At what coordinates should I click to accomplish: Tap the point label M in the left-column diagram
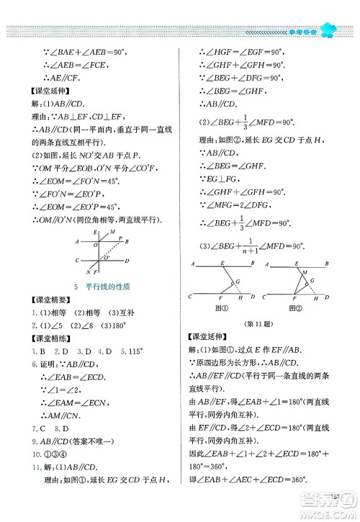pos(114,232)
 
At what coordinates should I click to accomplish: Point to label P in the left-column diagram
pos(121,239)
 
